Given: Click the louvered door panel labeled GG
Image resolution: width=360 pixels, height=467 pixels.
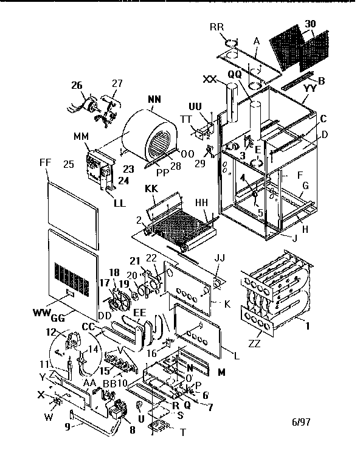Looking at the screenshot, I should coord(70,274).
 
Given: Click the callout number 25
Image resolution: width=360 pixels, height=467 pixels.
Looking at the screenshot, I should coord(68,165).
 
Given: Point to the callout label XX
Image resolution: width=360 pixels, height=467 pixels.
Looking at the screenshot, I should coord(212,80).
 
